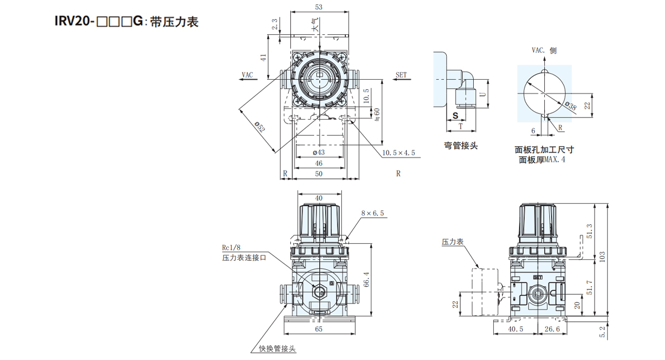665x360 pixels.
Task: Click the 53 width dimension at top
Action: [x=319, y=7]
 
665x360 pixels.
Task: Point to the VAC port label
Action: [x=247, y=74]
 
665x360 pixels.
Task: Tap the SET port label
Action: [x=401, y=74]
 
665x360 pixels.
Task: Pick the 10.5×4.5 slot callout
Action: [x=398, y=153]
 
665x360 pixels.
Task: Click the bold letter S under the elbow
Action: [x=454, y=115]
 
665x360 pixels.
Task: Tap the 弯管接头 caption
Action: [x=461, y=146]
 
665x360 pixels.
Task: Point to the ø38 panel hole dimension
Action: [x=570, y=105]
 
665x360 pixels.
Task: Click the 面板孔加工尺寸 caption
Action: [x=544, y=150]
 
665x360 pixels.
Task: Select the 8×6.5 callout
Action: [x=372, y=213]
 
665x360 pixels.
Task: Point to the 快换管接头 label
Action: [x=278, y=349]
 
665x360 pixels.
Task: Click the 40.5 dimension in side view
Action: [x=515, y=330]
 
